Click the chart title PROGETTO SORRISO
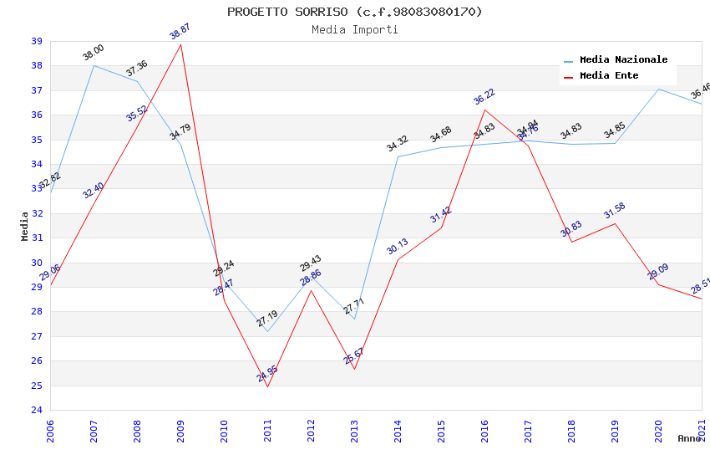pos(354,12)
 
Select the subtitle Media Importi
pos(354,29)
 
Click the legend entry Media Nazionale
pos(623,60)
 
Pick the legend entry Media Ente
pos(609,76)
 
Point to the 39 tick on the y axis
pos(37,41)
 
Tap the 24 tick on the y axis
pos(37,411)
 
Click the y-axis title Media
pos(25,226)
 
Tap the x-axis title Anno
pos(689,438)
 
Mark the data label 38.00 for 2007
pos(94,53)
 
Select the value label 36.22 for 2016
pos(484,97)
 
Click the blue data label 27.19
pos(267,319)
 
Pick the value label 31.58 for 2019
pos(615,211)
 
